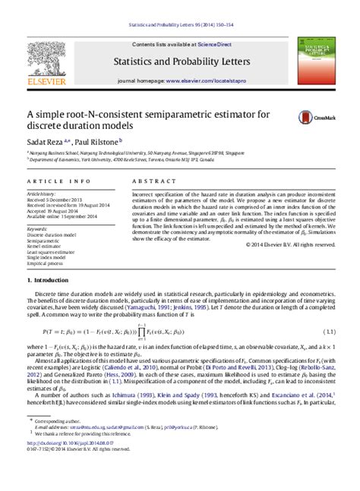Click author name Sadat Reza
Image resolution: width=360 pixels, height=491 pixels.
click(44, 140)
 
